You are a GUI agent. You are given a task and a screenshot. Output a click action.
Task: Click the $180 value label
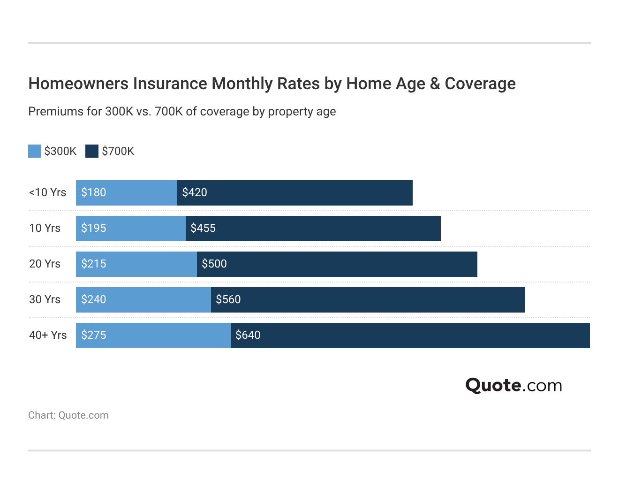point(93,192)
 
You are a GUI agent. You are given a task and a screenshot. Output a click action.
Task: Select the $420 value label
point(195,192)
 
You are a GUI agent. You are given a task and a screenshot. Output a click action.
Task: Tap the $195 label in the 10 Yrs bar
point(93,228)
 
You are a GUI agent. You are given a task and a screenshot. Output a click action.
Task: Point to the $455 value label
point(203,228)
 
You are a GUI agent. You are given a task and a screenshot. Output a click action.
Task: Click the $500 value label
point(214,264)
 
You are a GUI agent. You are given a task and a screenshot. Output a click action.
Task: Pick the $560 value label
point(228,299)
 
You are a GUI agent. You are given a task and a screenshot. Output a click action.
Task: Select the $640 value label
point(248,335)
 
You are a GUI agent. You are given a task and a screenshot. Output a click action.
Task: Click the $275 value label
point(93,335)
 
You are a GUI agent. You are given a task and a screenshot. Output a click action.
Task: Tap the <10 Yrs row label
point(47,192)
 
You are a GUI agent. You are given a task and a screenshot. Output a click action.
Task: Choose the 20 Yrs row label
point(45,264)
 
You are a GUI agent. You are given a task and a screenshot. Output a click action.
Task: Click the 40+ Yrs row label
point(48,335)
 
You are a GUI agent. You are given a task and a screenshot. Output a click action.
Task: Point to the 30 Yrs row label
point(45,299)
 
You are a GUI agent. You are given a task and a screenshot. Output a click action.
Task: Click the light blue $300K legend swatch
point(35,151)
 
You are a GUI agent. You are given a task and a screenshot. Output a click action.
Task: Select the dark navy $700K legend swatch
point(92,151)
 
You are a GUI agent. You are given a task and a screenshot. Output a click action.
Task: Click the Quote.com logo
point(513,385)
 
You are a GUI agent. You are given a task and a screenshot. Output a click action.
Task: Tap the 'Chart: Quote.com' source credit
point(68,415)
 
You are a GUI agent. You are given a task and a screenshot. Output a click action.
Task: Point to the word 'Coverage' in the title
point(480,84)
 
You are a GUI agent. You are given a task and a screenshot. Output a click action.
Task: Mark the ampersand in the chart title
point(435,84)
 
